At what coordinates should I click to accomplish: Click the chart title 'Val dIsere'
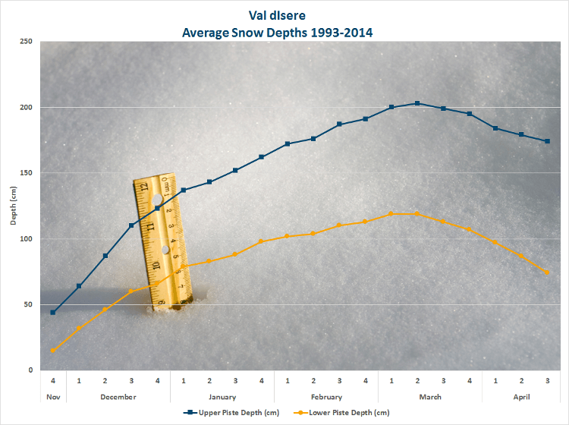point(284,14)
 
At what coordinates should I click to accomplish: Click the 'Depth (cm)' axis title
point(13,206)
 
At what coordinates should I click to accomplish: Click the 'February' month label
point(326,397)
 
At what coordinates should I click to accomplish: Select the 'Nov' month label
point(53,397)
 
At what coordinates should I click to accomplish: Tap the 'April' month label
point(521,397)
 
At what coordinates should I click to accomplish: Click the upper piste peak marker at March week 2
point(417,103)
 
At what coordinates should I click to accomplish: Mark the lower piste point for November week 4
point(53,350)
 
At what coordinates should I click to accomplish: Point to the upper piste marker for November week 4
point(53,312)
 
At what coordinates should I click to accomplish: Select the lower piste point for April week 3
point(547,272)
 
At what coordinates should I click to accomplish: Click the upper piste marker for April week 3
point(547,141)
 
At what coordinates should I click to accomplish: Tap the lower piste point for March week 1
point(391,214)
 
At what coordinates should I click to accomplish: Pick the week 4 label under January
point(261,380)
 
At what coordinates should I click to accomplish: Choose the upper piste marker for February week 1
point(288,143)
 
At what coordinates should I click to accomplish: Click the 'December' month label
point(118,397)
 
